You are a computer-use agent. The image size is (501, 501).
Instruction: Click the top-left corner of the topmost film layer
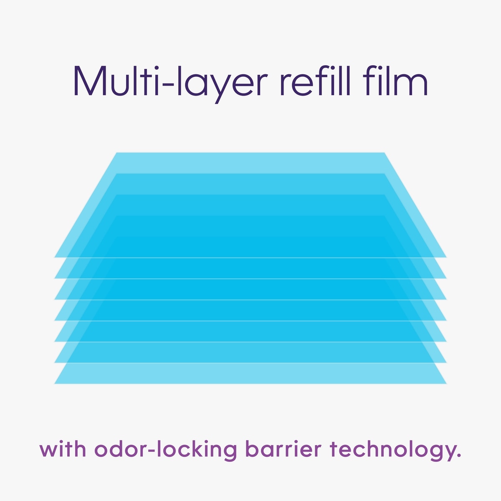[x=116, y=153]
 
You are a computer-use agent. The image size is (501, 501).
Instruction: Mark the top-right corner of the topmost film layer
[x=384, y=153]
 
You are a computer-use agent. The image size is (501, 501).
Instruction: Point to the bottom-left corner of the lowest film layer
[x=55, y=384]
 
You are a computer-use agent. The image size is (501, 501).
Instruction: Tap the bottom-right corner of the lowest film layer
[x=446, y=384]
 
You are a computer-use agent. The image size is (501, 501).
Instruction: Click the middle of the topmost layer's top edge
[x=250, y=153]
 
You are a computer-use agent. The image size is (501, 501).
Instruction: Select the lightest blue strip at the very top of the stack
[x=250, y=163]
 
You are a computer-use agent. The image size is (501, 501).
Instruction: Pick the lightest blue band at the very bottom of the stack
[x=250, y=373]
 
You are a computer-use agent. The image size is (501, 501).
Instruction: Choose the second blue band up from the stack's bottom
[x=250, y=352]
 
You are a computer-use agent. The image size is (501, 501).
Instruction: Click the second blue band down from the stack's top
[x=250, y=184]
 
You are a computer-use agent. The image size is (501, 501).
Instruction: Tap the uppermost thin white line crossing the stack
[x=250, y=258]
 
